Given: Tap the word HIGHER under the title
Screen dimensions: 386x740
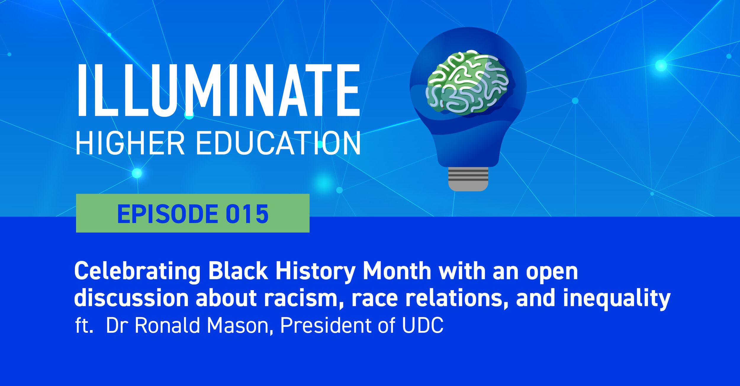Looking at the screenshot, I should (130, 143).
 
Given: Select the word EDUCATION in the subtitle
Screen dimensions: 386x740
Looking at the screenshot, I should (278, 143).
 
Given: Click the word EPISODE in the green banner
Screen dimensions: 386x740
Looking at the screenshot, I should (168, 214).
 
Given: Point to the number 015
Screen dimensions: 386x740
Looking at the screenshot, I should (247, 214).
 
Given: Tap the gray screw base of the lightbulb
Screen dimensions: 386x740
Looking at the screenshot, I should (468, 179).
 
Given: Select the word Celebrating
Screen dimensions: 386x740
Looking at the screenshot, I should (137, 271).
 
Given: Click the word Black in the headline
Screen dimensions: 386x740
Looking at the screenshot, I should (238, 271).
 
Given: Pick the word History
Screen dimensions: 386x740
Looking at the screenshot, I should (315, 271).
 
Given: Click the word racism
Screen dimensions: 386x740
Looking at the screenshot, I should (301, 298).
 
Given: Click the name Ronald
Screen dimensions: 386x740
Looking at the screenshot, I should (167, 326).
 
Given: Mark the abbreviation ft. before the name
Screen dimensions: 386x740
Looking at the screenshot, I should (84, 326).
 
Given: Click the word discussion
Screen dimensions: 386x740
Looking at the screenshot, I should (131, 298).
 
